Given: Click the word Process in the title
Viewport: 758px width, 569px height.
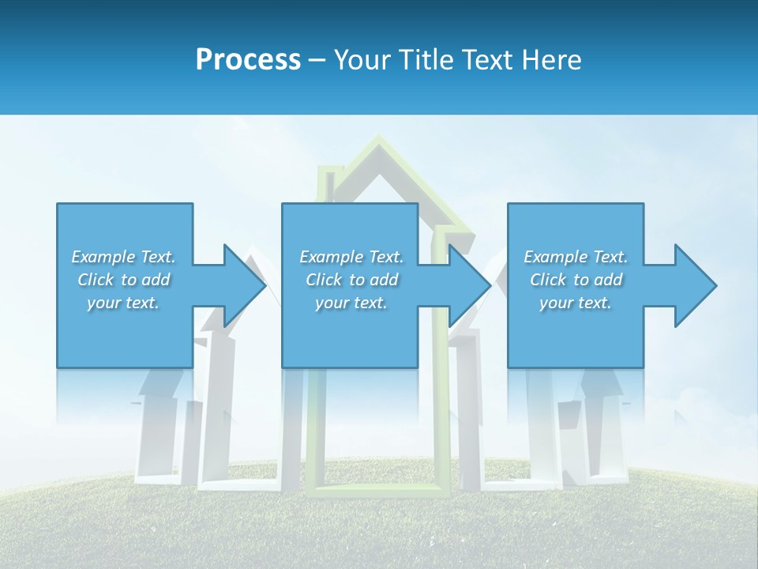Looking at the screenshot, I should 248,60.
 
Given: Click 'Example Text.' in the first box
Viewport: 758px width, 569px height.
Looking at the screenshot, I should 123,257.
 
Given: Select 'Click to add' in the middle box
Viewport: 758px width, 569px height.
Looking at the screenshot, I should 351,280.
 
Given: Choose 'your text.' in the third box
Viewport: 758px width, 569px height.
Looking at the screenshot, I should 576,303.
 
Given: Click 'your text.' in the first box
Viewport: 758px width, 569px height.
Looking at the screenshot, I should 123,303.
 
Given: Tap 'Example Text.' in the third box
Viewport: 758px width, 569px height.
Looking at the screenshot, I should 576,257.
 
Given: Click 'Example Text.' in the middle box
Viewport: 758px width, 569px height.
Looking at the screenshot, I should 351,257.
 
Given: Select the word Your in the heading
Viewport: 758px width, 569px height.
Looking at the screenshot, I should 360,60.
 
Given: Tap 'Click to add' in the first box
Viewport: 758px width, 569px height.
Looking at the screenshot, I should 123,280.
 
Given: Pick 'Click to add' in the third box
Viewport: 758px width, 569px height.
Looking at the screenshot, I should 576,280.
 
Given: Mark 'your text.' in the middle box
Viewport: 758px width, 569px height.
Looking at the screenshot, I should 351,303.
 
